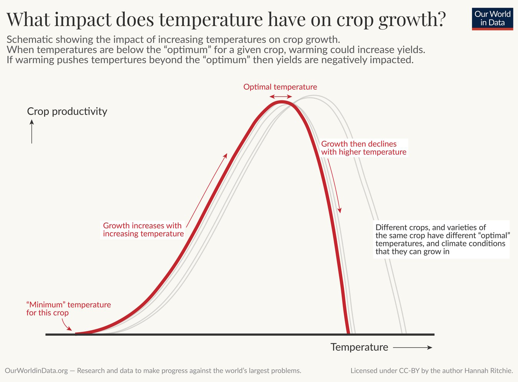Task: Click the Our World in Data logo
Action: (x=492, y=19)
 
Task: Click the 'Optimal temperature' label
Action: (x=280, y=87)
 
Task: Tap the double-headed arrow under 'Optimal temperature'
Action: (x=280, y=97)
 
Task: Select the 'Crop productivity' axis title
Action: (x=67, y=111)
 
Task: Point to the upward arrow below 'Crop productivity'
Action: (x=32, y=131)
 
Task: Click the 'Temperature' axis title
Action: (x=359, y=347)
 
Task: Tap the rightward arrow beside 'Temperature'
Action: (x=412, y=348)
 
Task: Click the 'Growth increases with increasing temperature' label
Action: (x=143, y=230)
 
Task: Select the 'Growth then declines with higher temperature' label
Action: (x=364, y=148)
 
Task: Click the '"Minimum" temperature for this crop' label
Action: (x=68, y=308)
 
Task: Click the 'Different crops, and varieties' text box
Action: (x=441, y=239)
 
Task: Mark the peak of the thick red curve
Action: (x=281, y=102)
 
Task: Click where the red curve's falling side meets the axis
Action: (x=348, y=333)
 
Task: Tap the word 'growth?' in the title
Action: (x=412, y=20)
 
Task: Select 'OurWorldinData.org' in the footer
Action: (x=36, y=371)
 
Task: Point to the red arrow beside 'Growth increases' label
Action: (x=207, y=190)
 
